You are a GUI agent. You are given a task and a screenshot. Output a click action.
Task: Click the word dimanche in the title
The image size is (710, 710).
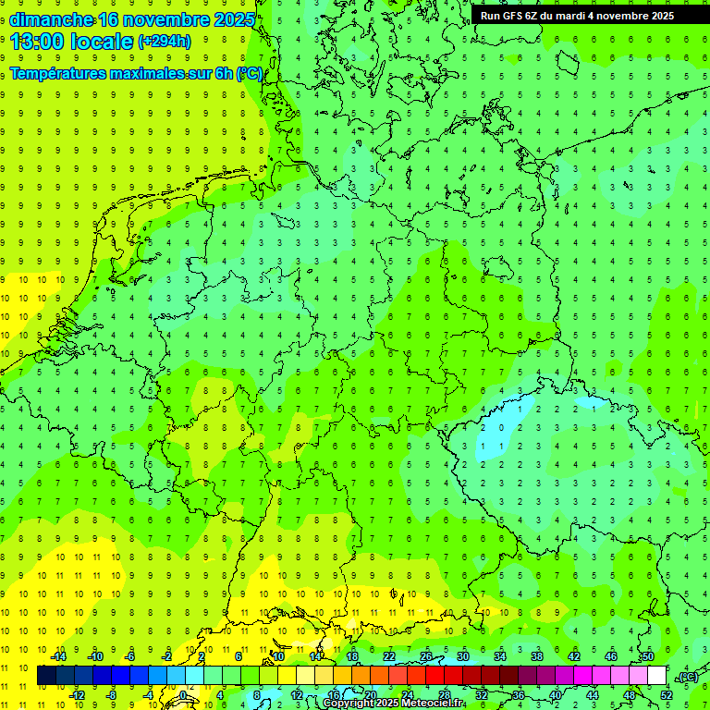click(51, 19)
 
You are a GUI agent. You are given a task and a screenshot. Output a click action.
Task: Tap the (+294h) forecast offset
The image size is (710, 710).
click(165, 42)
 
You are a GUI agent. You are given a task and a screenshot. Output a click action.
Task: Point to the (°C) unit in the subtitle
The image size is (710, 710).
click(250, 73)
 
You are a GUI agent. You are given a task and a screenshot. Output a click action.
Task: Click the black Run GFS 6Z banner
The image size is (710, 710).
click(577, 15)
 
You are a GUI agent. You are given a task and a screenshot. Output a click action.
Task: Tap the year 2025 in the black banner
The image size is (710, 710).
click(659, 15)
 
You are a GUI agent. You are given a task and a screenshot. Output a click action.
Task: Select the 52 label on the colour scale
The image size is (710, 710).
click(667, 694)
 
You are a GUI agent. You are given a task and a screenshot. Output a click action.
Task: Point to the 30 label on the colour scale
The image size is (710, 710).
click(463, 656)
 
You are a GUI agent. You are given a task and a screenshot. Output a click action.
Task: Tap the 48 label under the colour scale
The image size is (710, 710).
click(630, 694)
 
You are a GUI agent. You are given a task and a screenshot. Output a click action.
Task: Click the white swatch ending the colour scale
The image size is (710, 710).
click(657, 676)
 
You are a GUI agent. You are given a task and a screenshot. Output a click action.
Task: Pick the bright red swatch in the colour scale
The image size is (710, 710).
click(435, 676)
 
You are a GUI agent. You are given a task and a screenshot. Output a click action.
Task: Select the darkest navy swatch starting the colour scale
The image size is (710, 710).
click(46, 676)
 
